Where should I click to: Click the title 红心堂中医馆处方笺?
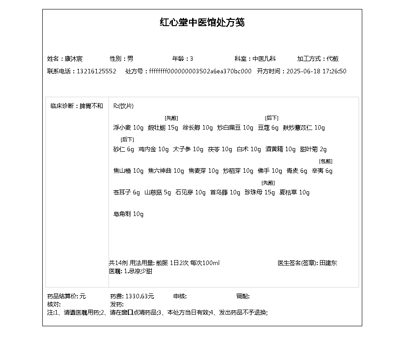click(x=202, y=22)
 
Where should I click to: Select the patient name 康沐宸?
click(x=73, y=58)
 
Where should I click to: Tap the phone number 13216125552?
click(x=96, y=71)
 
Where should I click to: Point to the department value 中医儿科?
click(x=264, y=58)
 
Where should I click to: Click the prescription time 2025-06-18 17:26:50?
click(x=316, y=71)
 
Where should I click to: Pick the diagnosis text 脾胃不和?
click(x=91, y=106)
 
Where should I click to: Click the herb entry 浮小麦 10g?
click(x=128, y=128)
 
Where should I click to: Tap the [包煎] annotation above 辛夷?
click(x=325, y=161)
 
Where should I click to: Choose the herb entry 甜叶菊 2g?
click(x=313, y=149)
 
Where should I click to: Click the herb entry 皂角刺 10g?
click(x=128, y=214)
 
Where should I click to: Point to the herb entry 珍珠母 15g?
click(x=260, y=193)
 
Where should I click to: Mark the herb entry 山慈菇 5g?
click(x=157, y=193)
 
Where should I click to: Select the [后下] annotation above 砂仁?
click(x=127, y=139)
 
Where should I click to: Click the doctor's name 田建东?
click(x=328, y=263)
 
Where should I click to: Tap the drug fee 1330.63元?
click(x=139, y=296)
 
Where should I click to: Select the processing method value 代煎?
click(x=333, y=58)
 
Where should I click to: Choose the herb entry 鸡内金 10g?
click(x=153, y=149)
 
